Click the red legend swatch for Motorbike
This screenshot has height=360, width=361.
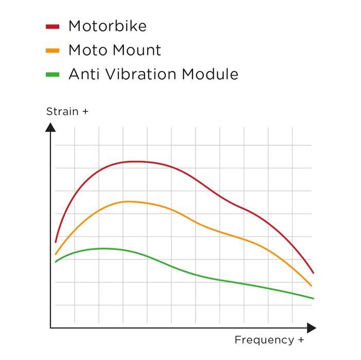[53, 26]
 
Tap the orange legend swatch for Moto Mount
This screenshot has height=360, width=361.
[53, 50]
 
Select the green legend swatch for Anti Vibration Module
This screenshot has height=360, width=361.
[53, 75]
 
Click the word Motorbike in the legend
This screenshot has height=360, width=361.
[107, 26]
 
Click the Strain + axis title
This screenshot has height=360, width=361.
[67, 111]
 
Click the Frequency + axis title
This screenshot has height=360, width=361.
[269, 340]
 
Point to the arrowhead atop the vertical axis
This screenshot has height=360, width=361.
[50, 127]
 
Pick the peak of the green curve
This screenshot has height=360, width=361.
[104, 248]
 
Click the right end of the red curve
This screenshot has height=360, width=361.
[313, 273]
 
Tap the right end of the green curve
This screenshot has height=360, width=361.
[313, 298]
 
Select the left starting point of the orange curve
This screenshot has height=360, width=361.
[56, 254]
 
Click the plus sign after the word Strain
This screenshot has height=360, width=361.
[85, 111]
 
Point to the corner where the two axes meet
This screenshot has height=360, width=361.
[50, 327]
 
